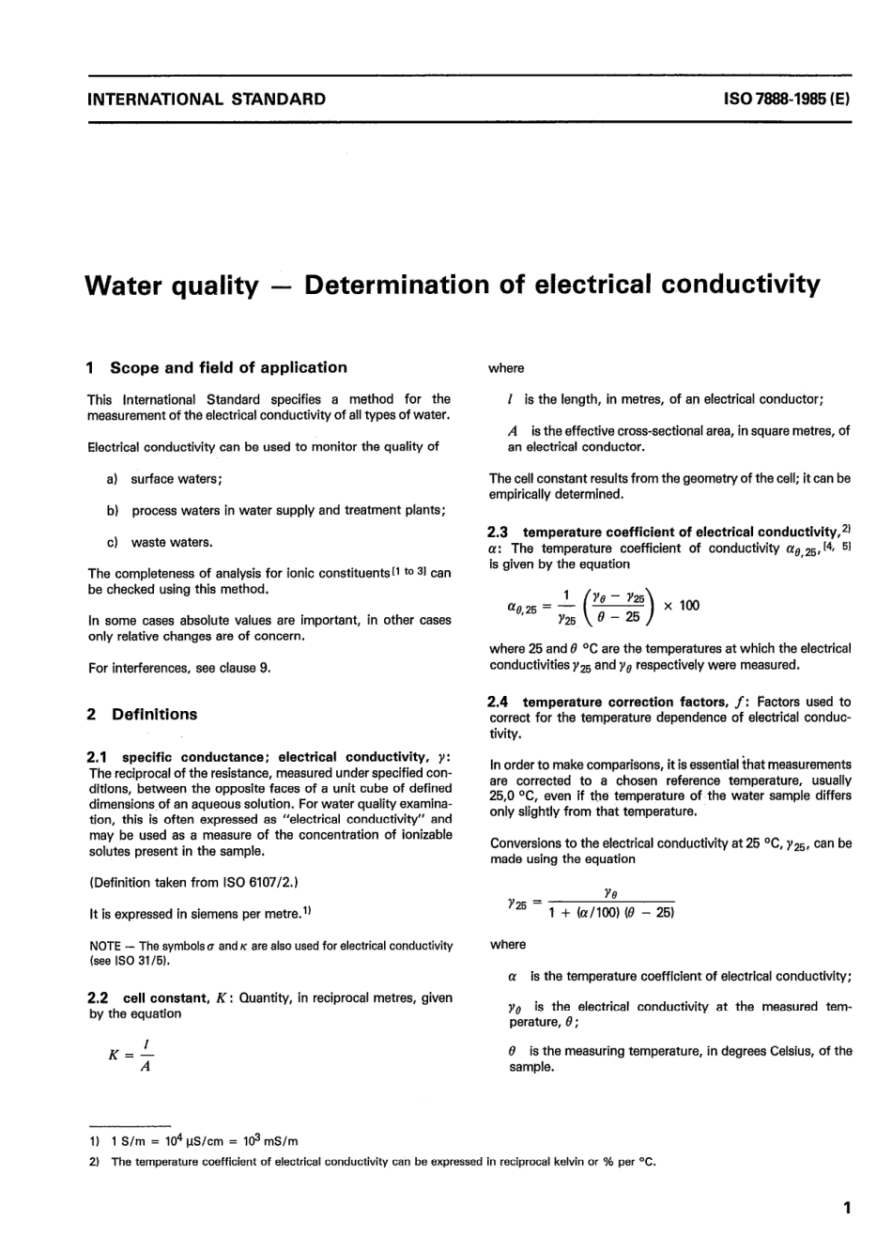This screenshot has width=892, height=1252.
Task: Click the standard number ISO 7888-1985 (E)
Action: (x=787, y=99)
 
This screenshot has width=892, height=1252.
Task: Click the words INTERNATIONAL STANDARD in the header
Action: (x=207, y=99)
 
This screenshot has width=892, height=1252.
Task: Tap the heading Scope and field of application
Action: (x=227, y=367)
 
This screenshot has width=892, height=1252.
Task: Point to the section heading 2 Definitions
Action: (x=142, y=714)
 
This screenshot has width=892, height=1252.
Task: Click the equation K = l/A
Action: (x=130, y=1055)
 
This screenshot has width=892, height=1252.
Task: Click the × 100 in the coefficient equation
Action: (x=681, y=606)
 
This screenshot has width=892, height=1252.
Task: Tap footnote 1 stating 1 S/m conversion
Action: (x=194, y=1141)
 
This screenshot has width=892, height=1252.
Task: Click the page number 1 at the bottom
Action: (x=846, y=1208)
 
